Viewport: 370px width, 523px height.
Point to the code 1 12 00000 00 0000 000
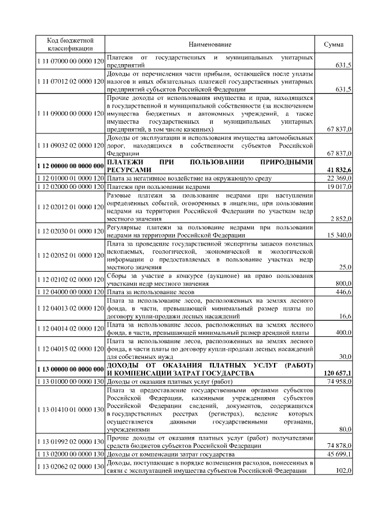click(69, 166)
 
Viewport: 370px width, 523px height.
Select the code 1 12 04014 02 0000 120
click(69, 328)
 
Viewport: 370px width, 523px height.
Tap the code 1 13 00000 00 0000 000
click(69, 369)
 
